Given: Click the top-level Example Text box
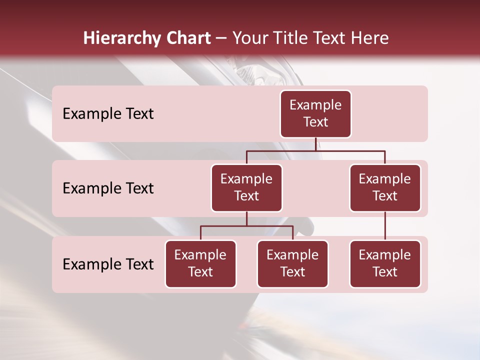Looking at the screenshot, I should click(x=315, y=114).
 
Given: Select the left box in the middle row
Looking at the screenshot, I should click(x=246, y=188).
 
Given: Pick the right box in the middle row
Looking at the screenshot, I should click(x=385, y=188).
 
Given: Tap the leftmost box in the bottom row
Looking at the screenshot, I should click(x=200, y=264).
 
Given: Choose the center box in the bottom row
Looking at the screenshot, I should click(x=292, y=264).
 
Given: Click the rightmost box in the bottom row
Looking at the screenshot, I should click(x=385, y=264).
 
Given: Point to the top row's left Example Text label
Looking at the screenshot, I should click(x=108, y=114).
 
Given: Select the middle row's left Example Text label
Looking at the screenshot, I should click(x=108, y=188).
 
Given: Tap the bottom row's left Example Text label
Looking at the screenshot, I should click(x=108, y=264).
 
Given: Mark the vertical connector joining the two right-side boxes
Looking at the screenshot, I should click(x=385, y=226).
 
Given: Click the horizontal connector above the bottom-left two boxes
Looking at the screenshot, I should click(x=246, y=226).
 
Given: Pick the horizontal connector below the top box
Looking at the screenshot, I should click(x=315, y=150).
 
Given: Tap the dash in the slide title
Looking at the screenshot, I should click(x=221, y=38).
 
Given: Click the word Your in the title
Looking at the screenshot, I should click(x=250, y=38).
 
